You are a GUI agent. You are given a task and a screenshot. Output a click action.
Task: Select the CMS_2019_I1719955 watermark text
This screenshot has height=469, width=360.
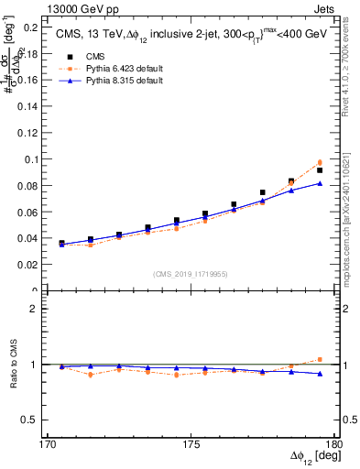click(x=190, y=272)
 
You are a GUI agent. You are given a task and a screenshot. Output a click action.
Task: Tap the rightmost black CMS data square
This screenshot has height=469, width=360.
click(x=320, y=170)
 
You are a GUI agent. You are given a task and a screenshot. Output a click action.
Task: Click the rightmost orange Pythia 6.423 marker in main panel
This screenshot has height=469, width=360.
click(x=320, y=162)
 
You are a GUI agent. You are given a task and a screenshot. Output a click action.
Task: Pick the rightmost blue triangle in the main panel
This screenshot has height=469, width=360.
click(x=320, y=183)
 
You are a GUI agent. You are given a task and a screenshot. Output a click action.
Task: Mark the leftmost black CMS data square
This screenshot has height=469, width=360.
click(x=61, y=244)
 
